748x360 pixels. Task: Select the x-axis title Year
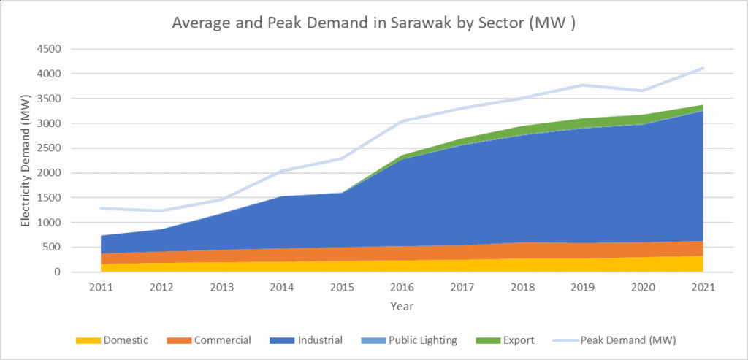click(402, 305)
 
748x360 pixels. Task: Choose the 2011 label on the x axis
click(101, 286)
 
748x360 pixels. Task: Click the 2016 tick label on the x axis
click(402, 286)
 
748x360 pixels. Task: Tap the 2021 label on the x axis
click(703, 286)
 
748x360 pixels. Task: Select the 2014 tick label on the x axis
click(281, 286)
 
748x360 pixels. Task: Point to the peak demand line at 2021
click(702, 69)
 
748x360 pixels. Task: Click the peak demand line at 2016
click(402, 121)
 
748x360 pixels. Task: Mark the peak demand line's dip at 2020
click(642, 91)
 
